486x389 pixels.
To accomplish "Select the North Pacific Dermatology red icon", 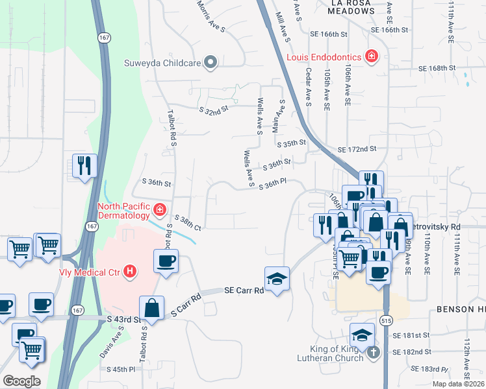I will (x=160, y=210).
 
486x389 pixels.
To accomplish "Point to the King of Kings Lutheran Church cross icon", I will (x=373, y=353).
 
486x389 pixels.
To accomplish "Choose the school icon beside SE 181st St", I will (x=362, y=335).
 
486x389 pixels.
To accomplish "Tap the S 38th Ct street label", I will (x=187, y=224).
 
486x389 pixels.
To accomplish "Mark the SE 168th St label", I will (x=433, y=68).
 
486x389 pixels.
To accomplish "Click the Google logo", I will (x=21, y=381).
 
